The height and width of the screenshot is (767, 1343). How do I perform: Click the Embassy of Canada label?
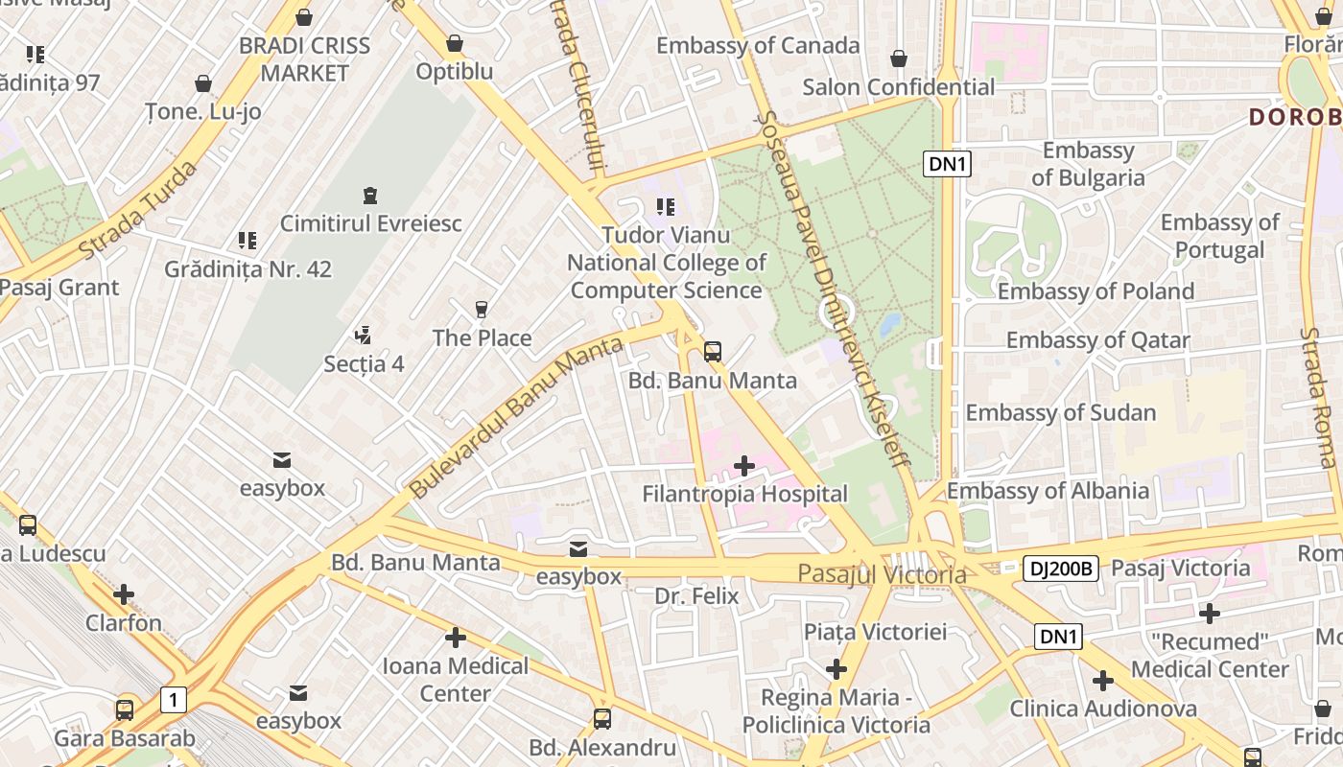point(758,45)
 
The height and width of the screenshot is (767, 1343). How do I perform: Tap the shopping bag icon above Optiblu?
point(455,43)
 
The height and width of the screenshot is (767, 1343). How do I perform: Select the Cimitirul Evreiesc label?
point(370,223)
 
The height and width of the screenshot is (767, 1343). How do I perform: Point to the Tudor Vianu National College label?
point(667,262)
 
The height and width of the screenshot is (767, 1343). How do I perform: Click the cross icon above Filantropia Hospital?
point(743,466)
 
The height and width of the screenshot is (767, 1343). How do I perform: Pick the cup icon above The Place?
point(482,310)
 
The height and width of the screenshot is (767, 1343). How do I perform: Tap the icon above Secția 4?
point(363,336)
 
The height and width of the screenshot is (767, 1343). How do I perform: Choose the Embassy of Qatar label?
point(1097,339)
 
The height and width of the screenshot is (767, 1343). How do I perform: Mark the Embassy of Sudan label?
point(1060,412)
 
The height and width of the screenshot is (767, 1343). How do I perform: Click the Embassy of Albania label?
point(1048,491)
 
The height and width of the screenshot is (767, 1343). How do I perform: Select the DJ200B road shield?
point(1060,569)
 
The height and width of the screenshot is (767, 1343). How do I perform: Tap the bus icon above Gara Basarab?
point(125,710)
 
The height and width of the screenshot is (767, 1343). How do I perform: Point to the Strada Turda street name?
point(138,210)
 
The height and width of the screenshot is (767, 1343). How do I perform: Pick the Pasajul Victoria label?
point(883,574)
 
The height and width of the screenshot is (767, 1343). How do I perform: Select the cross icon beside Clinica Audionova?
point(1103,681)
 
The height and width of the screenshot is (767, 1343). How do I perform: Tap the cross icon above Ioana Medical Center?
point(456,638)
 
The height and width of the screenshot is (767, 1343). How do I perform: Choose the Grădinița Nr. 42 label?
point(247,269)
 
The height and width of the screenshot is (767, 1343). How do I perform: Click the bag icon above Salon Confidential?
point(899,59)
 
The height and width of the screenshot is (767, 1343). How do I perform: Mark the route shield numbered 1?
point(173,700)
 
